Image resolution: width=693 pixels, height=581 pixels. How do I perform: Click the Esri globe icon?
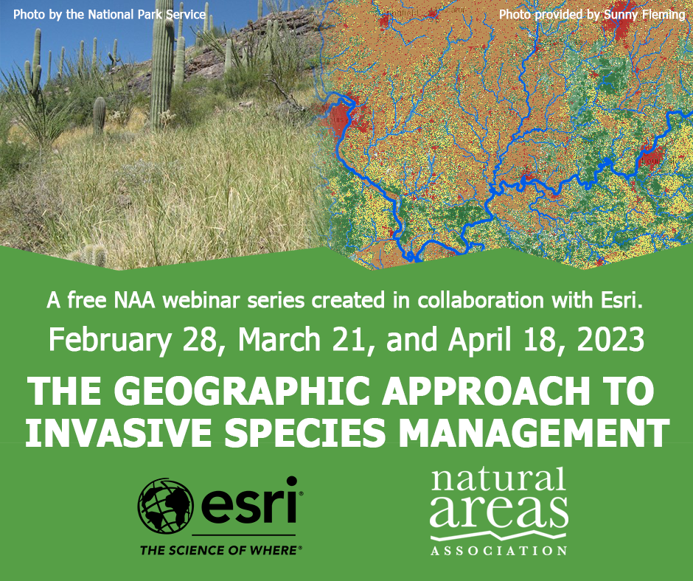(x=165, y=505)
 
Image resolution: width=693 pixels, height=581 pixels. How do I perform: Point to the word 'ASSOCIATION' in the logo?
(x=499, y=551)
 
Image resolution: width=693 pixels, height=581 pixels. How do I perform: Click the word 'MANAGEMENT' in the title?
(x=534, y=432)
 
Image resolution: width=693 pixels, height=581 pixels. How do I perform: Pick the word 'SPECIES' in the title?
(x=305, y=432)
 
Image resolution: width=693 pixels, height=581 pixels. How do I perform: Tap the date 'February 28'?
(x=133, y=341)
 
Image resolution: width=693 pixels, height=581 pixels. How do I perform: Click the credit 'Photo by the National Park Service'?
(x=109, y=15)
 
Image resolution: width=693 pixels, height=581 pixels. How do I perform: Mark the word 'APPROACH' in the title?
(x=486, y=391)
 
